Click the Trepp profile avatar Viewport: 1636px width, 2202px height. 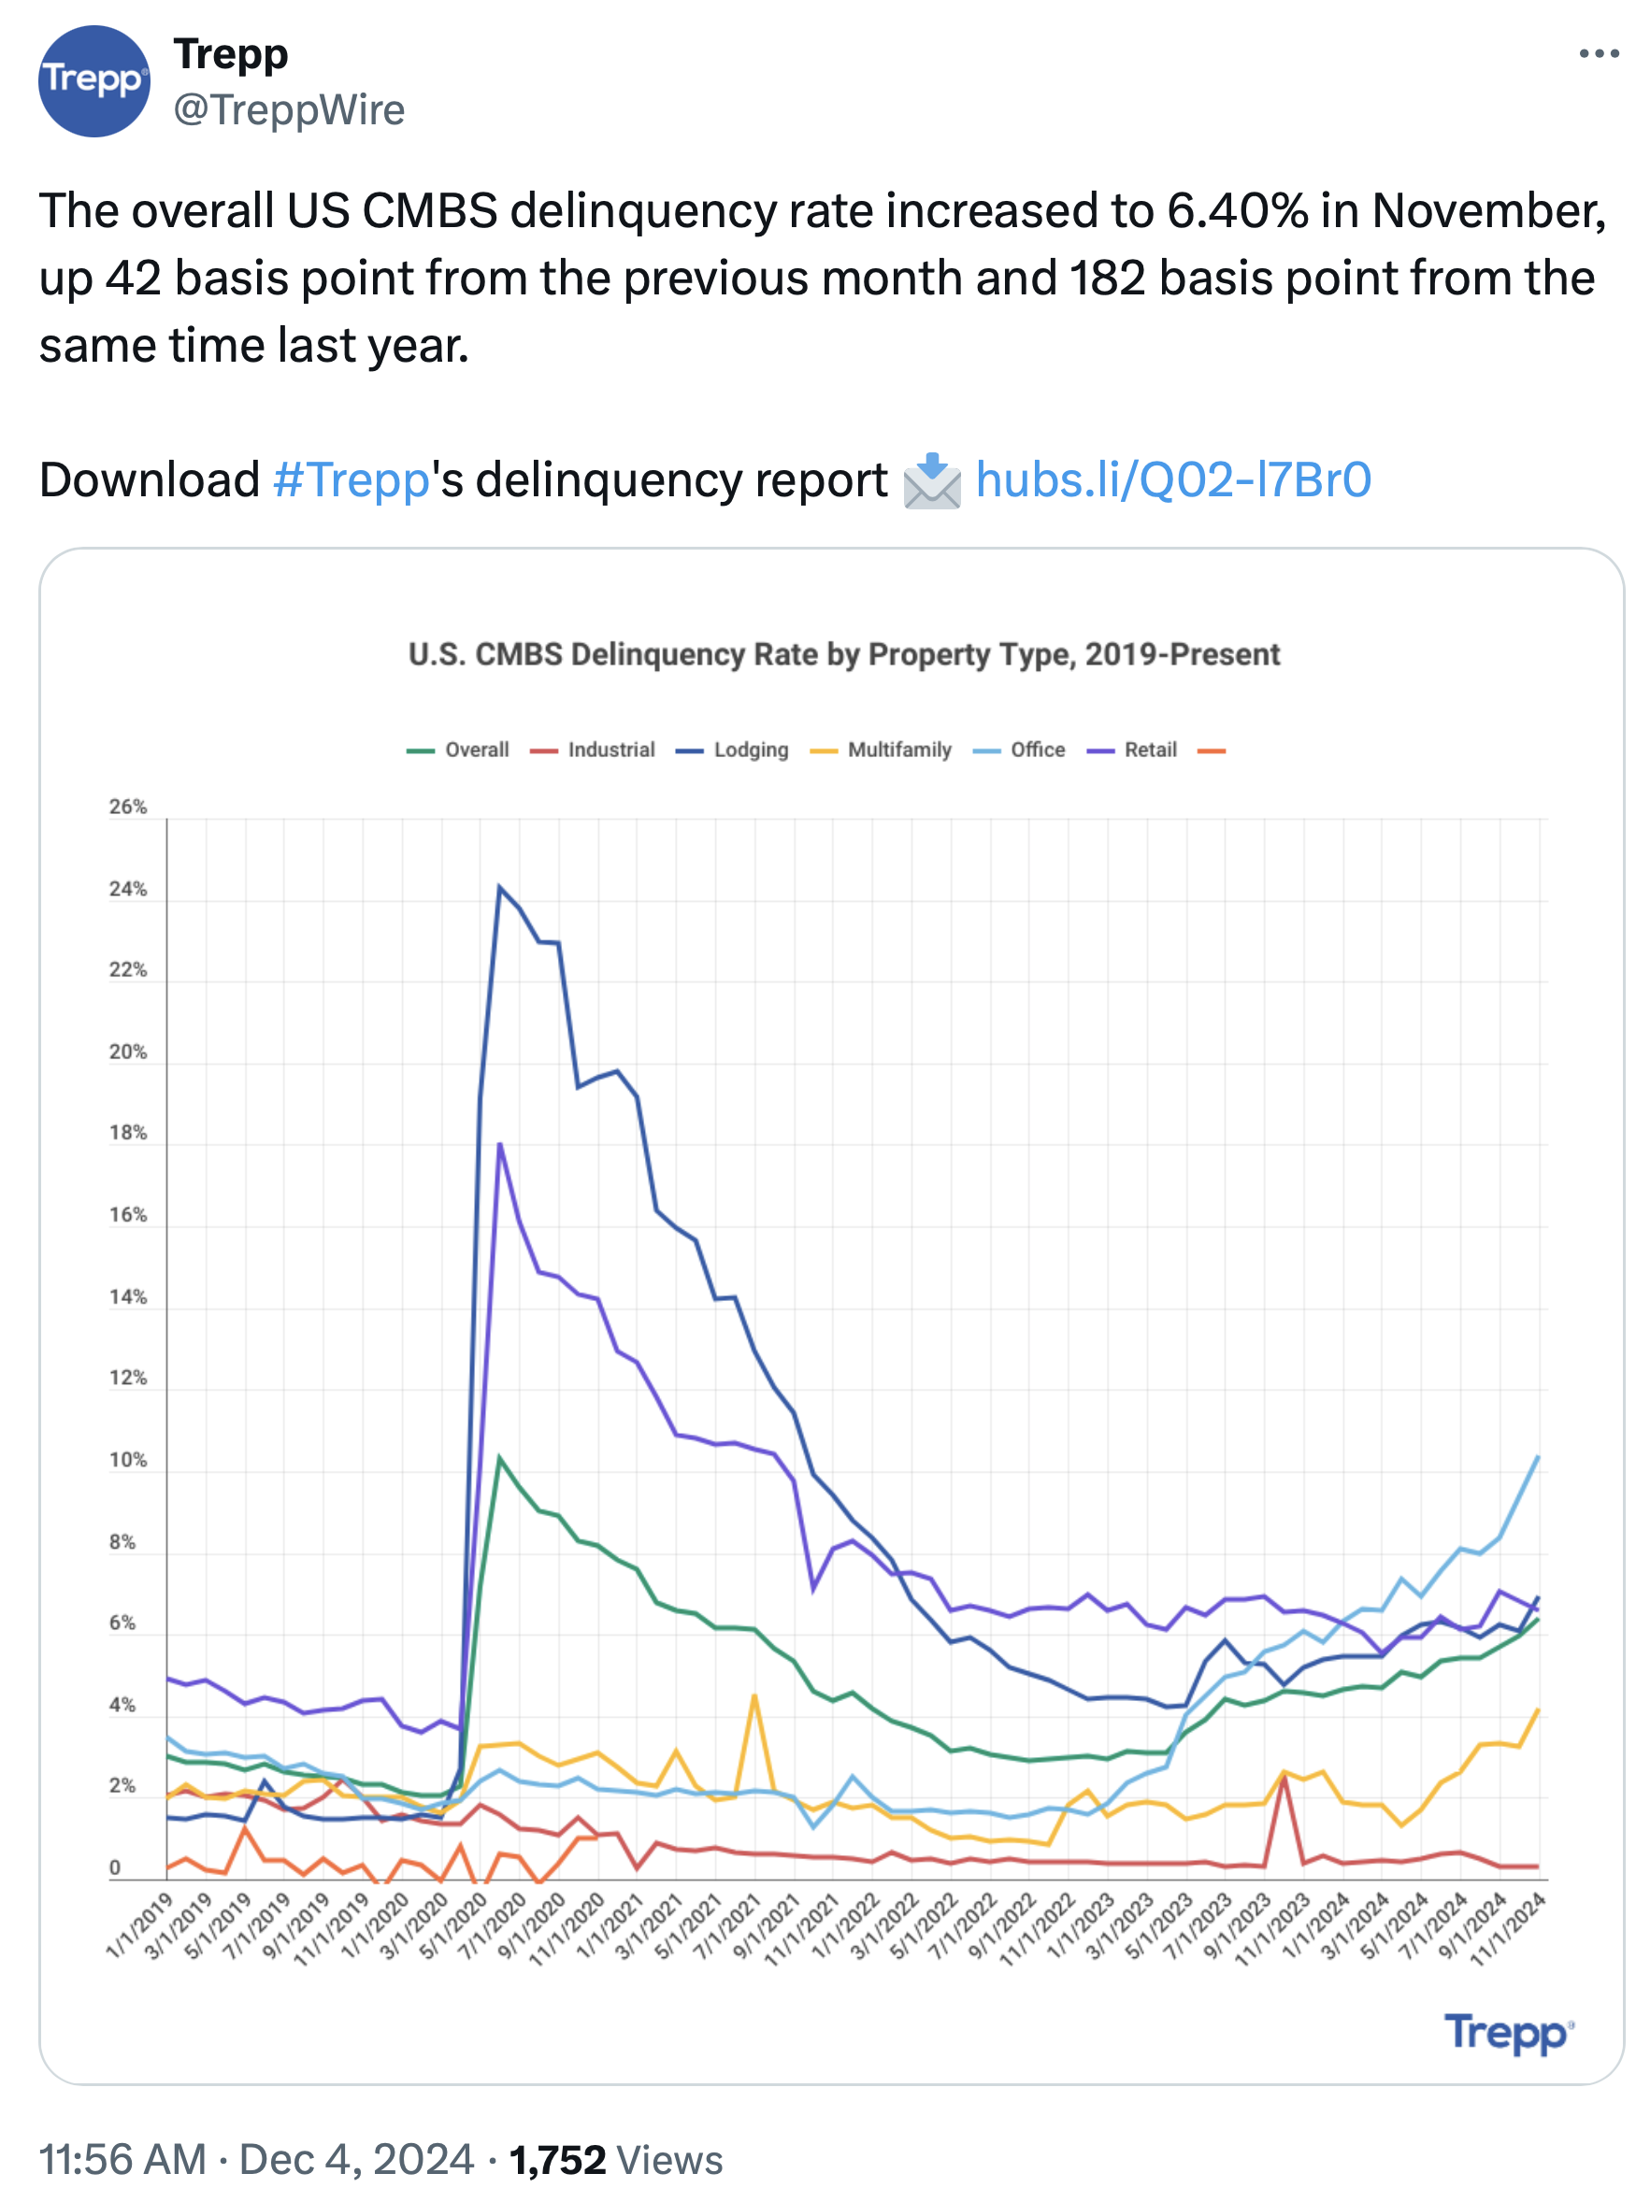(x=94, y=81)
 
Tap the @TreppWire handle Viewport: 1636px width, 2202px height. (x=289, y=110)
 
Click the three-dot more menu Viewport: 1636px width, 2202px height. (x=1598, y=53)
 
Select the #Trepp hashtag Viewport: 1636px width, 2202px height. (x=351, y=480)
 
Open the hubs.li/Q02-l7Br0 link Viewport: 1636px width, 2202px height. (x=1172, y=480)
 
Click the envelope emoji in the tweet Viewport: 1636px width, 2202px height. (x=931, y=481)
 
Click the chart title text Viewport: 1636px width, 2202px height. (x=844, y=654)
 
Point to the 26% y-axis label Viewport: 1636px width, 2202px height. (x=128, y=807)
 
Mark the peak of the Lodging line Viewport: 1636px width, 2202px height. (x=499, y=886)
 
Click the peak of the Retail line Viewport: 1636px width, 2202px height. (x=500, y=1144)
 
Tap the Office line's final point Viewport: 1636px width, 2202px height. (x=1538, y=1456)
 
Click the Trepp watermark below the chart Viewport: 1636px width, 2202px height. (x=1507, y=2033)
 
